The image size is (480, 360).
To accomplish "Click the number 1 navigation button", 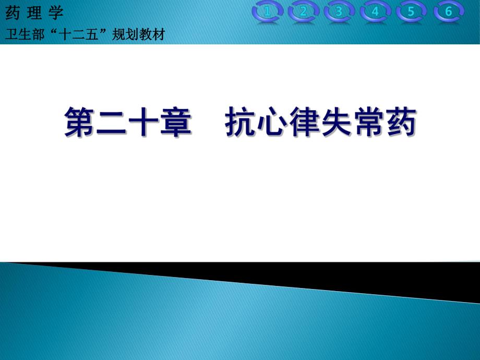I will point(267,12).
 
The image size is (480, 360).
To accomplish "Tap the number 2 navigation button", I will point(303,12).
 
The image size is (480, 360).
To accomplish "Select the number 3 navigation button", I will point(339,12).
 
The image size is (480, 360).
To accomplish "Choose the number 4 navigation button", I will point(375,12).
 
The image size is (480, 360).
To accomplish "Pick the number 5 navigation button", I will point(411,12).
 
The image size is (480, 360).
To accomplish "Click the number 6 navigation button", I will point(448,12).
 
